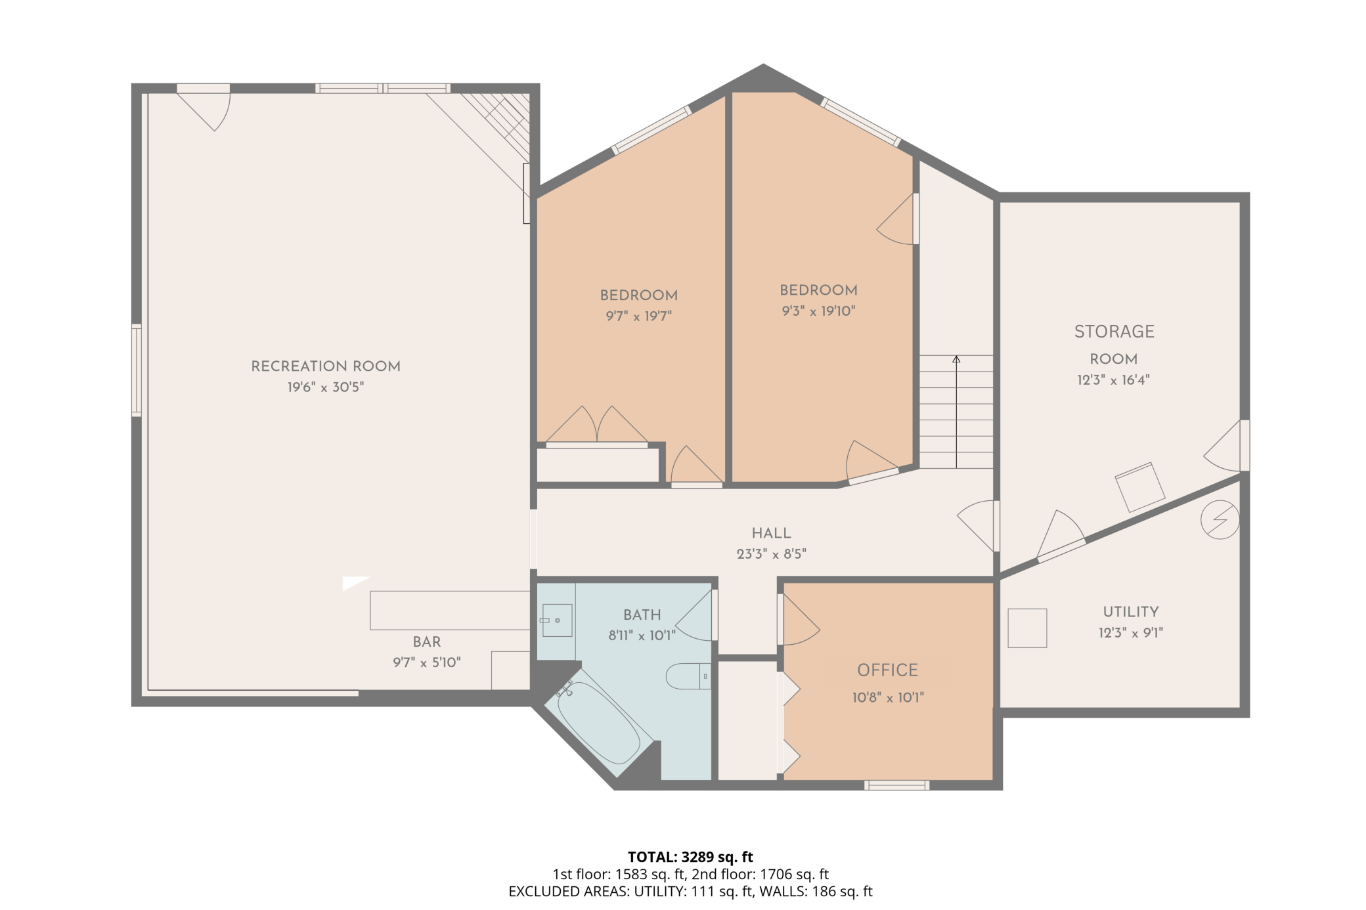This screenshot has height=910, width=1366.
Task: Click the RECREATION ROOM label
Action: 326,366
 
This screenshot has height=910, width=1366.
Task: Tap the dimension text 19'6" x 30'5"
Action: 326,387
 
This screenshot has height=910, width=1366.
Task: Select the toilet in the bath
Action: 687,676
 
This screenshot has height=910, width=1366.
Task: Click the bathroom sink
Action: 556,620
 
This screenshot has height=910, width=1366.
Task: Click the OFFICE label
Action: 887,670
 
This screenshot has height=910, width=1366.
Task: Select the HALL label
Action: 771,533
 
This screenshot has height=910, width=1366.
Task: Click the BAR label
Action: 427,642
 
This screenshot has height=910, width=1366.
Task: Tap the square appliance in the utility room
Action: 1027,628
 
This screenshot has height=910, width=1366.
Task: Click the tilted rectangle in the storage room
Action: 1140,487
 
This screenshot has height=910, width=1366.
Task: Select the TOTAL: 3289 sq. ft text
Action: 690,857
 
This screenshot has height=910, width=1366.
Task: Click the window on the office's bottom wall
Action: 896,785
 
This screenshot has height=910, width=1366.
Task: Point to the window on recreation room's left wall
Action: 137,370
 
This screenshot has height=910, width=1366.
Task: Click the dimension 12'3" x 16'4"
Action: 1113,380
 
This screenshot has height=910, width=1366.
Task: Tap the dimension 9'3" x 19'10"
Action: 818,311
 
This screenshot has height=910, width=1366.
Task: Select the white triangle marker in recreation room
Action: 353,582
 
